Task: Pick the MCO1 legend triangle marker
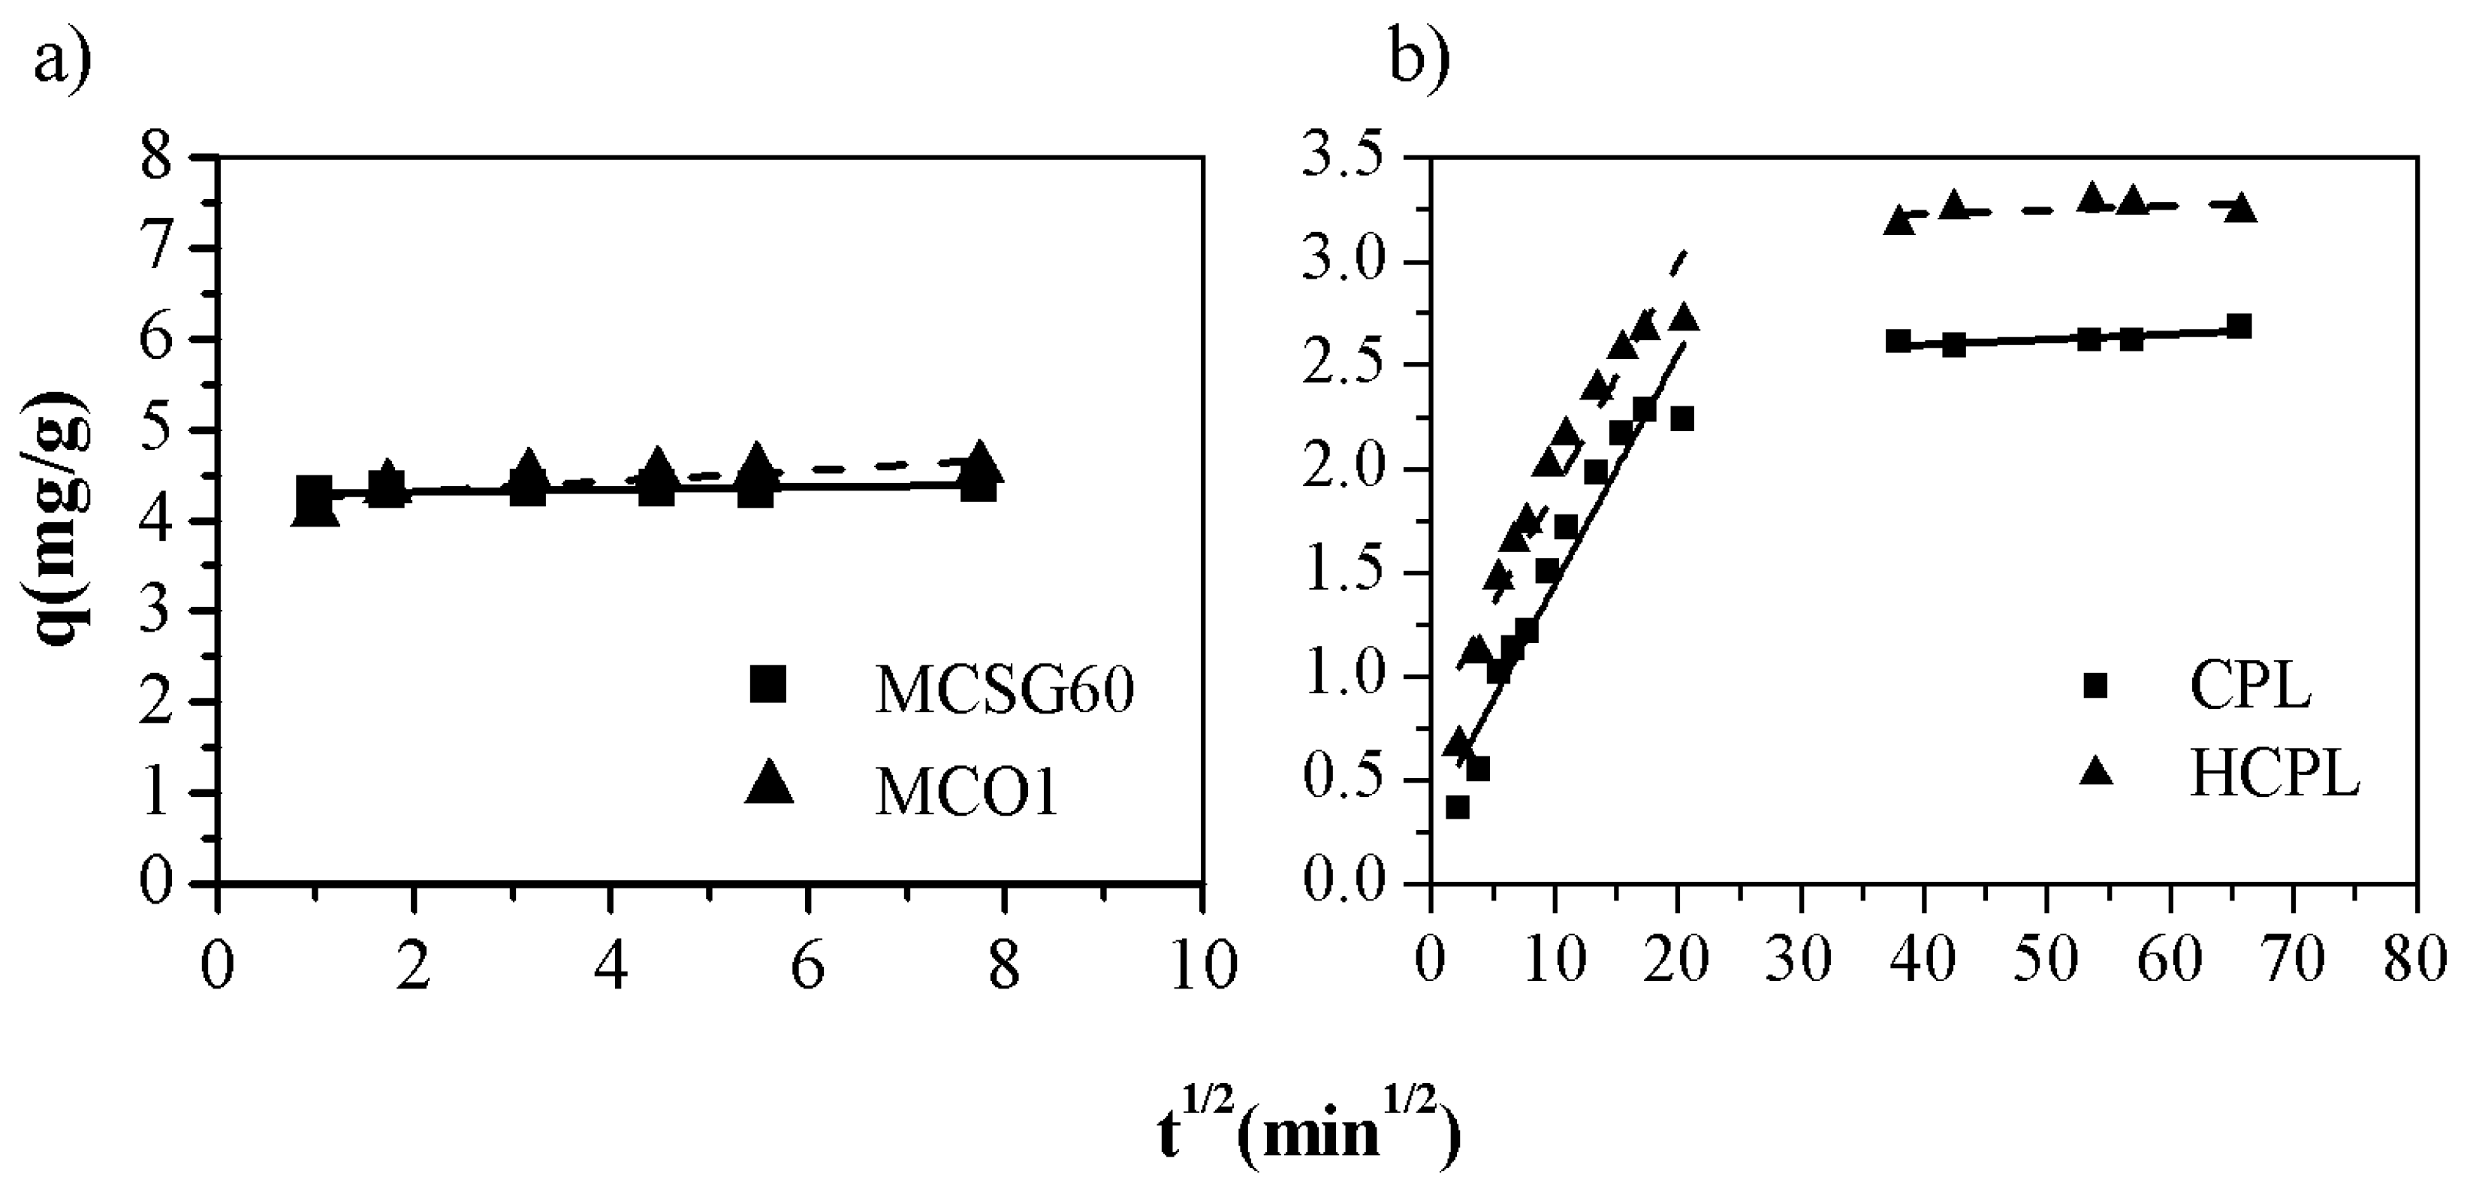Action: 769,781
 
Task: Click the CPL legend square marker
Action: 2094,685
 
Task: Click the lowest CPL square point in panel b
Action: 1458,807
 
